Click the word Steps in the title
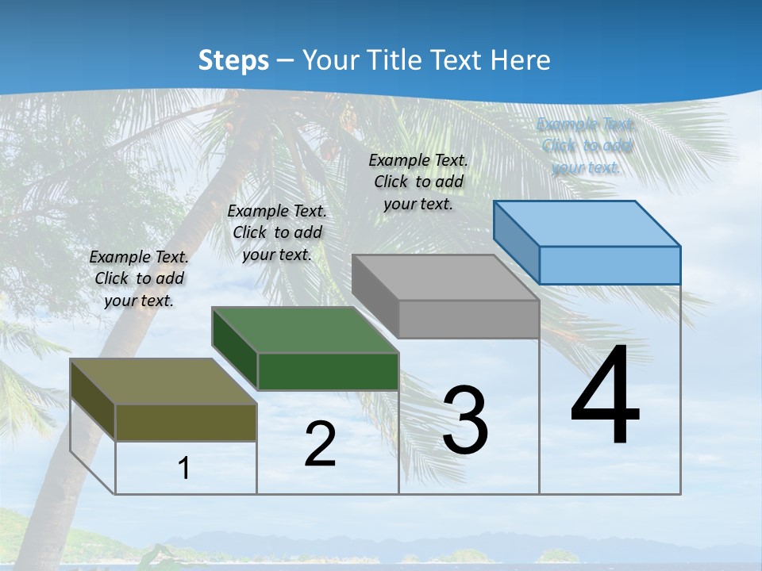[233, 61]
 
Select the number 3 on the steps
[465, 420]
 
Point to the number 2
[320, 444]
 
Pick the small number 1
[184, 468]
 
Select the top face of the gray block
[444, 278]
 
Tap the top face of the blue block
[587, 224]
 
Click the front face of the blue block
[610, 265]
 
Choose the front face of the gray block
[468, 319]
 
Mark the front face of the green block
[328, 371]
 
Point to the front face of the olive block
[186, 422]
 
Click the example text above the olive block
[139, 278]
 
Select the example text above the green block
[277, 232]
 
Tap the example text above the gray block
[418, 182]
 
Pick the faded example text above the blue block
[586, 146]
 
